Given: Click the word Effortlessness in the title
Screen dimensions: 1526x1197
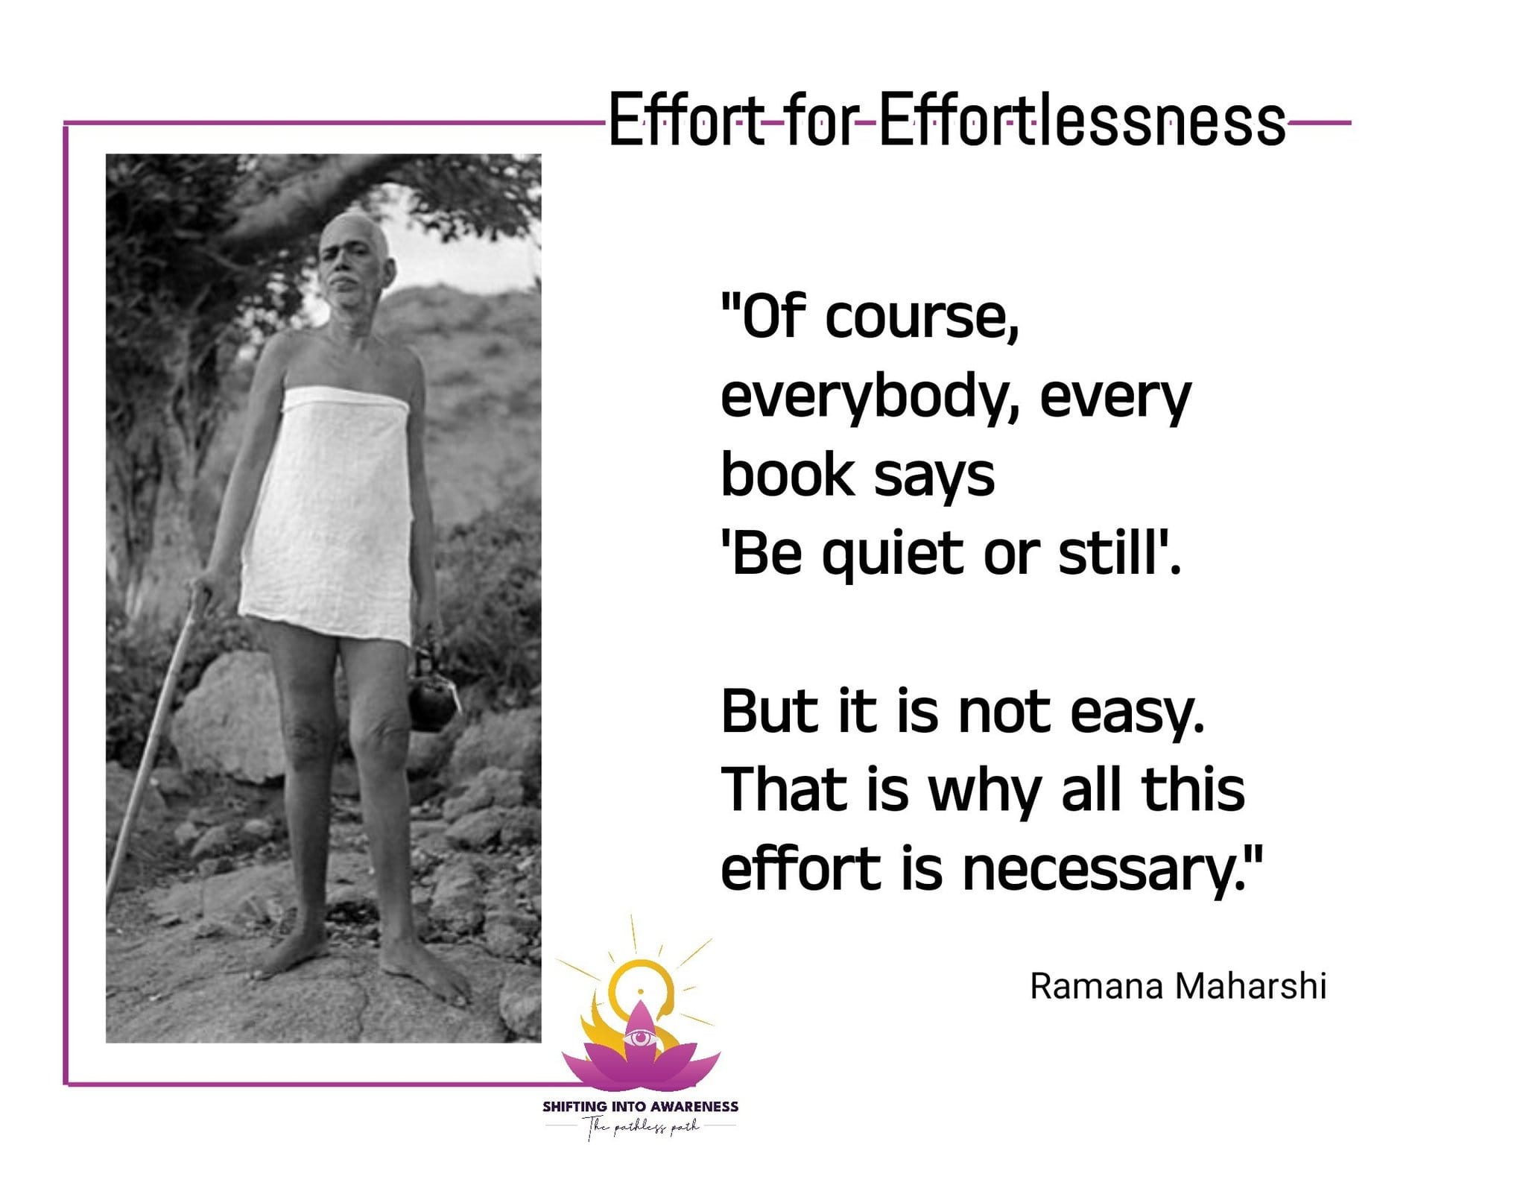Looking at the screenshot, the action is (x=1081, y=120).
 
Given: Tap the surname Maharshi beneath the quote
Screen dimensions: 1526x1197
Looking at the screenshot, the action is (x=1251, y=985).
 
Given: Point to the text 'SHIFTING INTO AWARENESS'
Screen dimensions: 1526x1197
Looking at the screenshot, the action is (x=640, y=1107).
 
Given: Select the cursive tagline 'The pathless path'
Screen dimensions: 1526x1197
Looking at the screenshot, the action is (x=642, y=1128).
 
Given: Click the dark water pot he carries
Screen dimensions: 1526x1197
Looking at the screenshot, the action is (x=431, y=693).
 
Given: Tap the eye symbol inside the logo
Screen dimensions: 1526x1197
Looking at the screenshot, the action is (x=639, y=1038).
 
